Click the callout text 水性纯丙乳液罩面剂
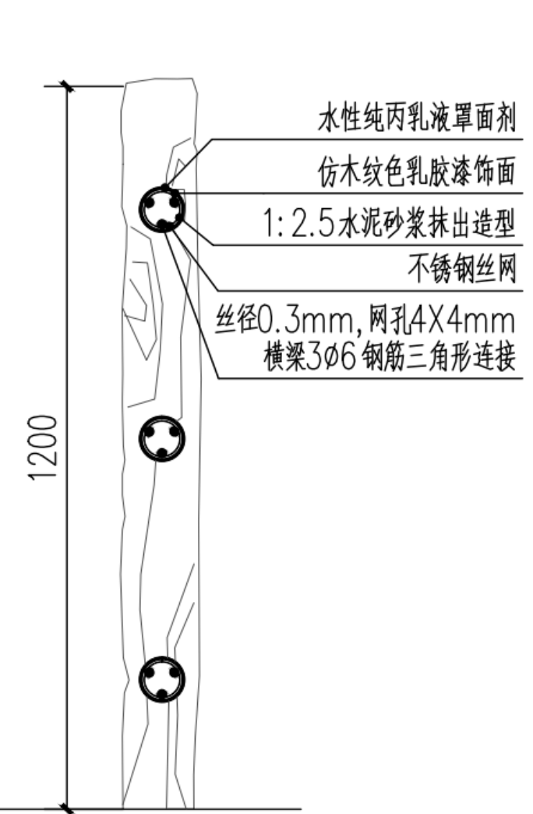point(417,119)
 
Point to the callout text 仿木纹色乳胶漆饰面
point(417,172)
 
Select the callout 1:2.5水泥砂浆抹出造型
point(390,225)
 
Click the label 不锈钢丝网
point(462,270)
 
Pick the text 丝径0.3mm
point(284,320)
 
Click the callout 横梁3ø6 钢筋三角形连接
point(390,357)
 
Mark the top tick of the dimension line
point(66,86)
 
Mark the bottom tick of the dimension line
point(66,809)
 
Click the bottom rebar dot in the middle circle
point(162,453)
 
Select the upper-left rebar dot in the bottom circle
point(150,673)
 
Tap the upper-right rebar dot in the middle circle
point(175,431)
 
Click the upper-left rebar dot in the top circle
point(150,203)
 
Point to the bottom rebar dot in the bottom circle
point(162,694)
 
